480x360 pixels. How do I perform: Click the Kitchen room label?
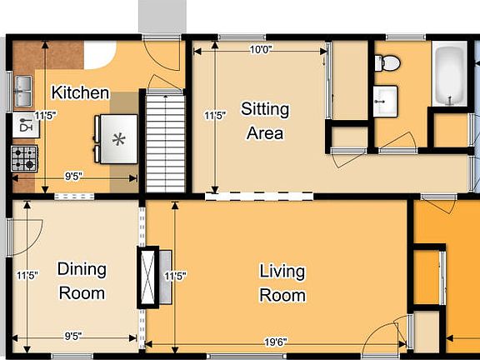80,92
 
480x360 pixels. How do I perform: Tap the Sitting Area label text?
265,121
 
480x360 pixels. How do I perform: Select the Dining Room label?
81,281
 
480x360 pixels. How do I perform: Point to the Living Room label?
282,283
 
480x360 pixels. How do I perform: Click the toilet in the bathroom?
387,62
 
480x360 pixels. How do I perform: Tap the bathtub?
449,74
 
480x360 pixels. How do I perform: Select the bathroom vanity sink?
385,101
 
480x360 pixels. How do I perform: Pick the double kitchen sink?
23,89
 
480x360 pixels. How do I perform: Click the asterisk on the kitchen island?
118,139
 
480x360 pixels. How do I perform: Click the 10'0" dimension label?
261,49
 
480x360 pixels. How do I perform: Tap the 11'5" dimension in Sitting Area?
215,116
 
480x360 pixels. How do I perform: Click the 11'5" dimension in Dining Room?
27,275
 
